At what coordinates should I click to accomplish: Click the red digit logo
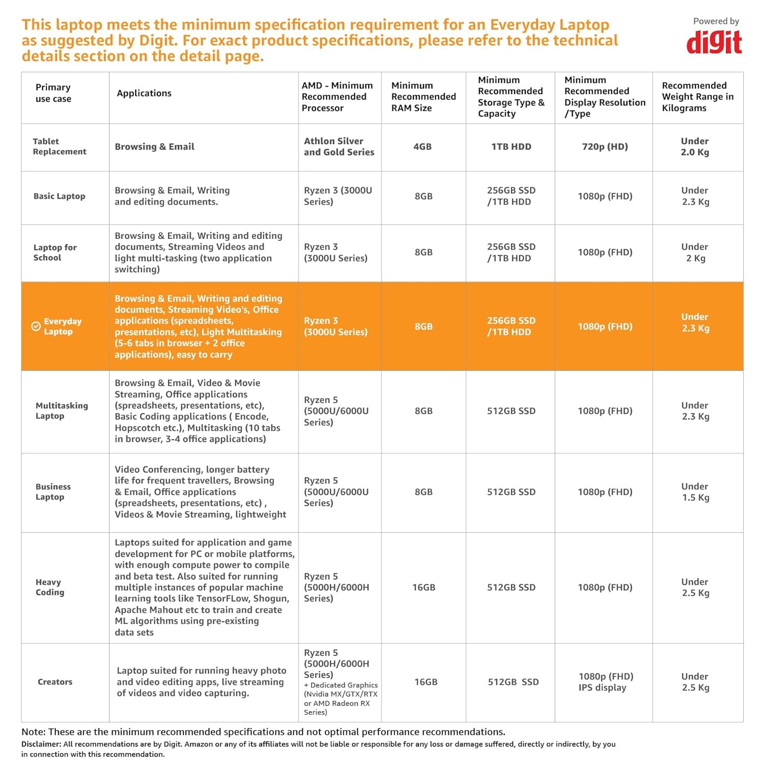click(x=714, y=43)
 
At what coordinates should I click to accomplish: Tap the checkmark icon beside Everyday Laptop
click(x=36, y=326)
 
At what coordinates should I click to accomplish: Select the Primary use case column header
click(x=53, y=93)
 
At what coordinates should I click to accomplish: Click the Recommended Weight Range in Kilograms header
click(x=697, y=97)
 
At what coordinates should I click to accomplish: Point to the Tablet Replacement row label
click(x=59, y=146)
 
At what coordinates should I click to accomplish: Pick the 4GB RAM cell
click(x=422, y=147)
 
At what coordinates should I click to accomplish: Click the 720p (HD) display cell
click(x=605, y=147)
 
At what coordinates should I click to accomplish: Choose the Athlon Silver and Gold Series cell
click(x=339, y=147)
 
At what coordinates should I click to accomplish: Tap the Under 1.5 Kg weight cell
click(x=695, y=492)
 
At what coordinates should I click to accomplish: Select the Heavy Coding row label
click(x=50, y=587)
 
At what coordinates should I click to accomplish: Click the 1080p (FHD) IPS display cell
click(x=605, y=682)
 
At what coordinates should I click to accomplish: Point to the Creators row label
click(x=55, y=682)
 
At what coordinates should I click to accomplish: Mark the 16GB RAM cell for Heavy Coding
click(x=423, y=587)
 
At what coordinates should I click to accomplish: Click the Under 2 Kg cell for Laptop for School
click(x=695, y=252)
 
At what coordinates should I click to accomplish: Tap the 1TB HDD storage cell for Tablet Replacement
click(x=511, y=147)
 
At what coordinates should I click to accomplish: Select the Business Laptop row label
click(x=53, y=492)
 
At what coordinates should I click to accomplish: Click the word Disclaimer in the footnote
click(x=41, y=744)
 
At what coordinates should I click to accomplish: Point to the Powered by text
click(x=716, y=21)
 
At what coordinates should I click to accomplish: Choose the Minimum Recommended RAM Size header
click(x=423, y=97)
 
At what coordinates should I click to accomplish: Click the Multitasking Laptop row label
click(x=62, y=411)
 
